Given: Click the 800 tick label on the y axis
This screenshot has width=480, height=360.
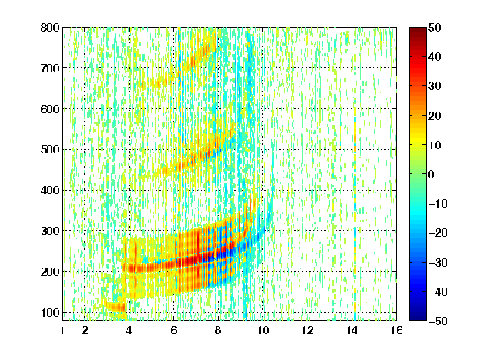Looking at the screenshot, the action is point(50,27).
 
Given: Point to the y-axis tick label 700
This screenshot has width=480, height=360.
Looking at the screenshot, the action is point(50,68).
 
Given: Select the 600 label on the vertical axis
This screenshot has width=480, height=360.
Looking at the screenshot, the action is point(50,109).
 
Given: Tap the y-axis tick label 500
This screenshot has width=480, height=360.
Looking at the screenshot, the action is point(50,150).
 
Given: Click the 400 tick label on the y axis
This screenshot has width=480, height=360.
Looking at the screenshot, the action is point(50,190).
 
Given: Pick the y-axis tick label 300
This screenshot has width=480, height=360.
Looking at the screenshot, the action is point(50,231).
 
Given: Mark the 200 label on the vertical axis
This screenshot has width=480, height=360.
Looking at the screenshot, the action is point(50,272).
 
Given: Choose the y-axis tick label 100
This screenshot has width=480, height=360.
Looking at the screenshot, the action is point(50,312).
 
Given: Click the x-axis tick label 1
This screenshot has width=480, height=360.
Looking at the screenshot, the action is point(62,330).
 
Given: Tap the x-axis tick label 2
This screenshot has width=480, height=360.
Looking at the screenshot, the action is point(85,330).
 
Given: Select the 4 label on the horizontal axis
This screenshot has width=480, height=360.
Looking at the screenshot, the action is point(129,330).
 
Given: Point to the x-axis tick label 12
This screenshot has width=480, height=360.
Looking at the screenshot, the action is point(307,330).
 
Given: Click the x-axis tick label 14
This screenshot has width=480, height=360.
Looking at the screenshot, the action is point(352,330).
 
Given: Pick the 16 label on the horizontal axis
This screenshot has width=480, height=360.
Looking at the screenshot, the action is point(397,330).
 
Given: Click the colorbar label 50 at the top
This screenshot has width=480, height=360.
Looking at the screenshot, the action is point(435,27).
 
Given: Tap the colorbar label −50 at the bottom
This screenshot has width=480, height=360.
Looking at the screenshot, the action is point(438,321).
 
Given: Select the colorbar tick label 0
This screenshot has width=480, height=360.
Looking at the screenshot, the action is point(432,174).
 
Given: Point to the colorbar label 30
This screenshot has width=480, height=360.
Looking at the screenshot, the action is point(435,87).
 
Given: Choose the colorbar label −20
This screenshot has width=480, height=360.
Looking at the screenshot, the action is point(438,233).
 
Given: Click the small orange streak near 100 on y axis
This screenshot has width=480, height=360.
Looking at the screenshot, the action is point(115,307).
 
